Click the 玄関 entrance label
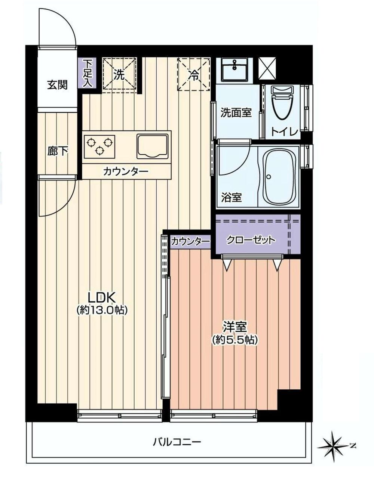click(57, 85)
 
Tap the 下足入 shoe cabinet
click(87, 73)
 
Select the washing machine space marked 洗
click(119, 74)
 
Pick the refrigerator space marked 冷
click(194, 74)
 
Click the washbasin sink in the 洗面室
click(234, 69)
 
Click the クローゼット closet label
click(251, 240)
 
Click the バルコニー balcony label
click(177, 442)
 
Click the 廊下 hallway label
click(58, 151)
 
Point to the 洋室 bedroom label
click(234, 327)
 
